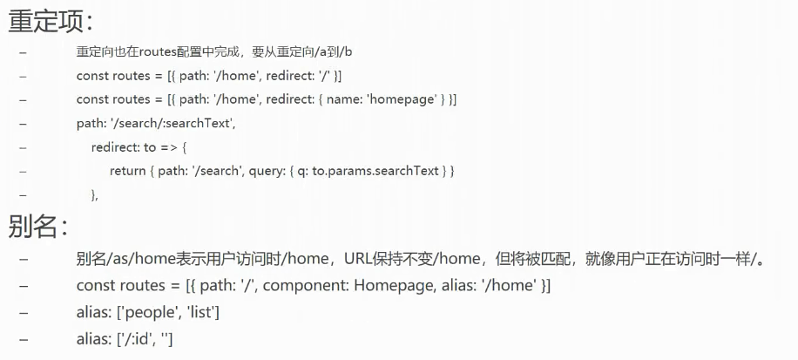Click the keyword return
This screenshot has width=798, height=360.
pyautogui.click(x=128, y=171)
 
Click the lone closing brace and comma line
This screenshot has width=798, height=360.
pyautogui.click(x=94, y=195)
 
